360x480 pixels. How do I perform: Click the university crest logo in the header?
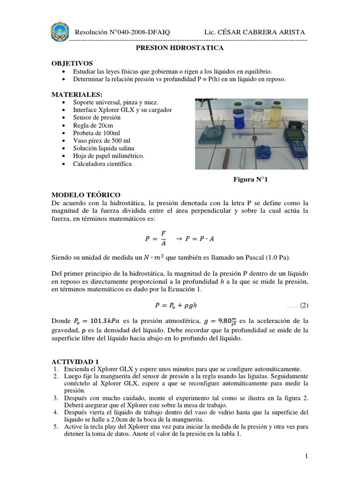pyautogui.click(x=60, y=32)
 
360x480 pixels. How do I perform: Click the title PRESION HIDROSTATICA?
pyautogui.click(x=180, y=48)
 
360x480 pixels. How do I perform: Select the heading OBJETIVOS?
pyautogui.click(x=72, y=63)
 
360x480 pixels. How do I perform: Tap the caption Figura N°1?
pyautogui.click(x=250, y=179)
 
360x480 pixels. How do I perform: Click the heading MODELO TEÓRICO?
pyautogui.click(x=86, y=195)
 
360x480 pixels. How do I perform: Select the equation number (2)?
pyautogui.click(x=304, y=305)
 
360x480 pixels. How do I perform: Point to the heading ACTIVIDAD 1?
pyautogui.click(x=75, y=361)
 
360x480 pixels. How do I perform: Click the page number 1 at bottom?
pyautogui.click(x=305, y=456)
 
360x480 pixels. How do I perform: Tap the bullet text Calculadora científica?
pyautogui.click(x=102, y=164)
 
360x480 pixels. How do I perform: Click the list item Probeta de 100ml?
pyautogui.click(x=96, y=133)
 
